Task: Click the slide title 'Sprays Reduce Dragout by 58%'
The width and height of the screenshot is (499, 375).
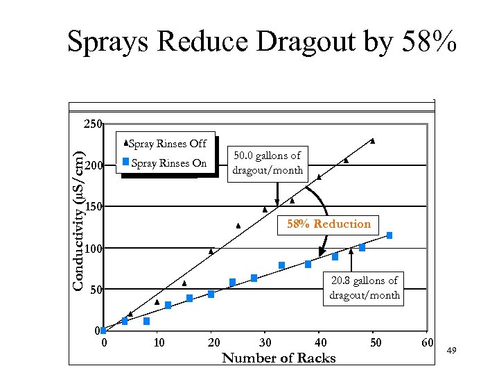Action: (262, 42)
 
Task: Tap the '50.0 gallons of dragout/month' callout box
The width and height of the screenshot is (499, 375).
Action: (268, 163)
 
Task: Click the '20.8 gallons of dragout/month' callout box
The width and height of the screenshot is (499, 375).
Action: (365, 287)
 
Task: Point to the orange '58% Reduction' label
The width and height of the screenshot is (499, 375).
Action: (329, 224)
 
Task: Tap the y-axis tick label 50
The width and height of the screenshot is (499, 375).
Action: (96, 290)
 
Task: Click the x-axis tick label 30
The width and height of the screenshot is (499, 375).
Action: (265, 342)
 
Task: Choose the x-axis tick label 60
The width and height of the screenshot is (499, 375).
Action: (427, 342)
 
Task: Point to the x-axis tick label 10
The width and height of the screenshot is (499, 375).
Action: (159, 342)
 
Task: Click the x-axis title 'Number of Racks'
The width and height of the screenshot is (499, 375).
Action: (279, 358)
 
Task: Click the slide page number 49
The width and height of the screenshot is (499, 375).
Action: (451, 352)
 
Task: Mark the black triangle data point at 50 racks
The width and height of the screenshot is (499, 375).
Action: (373, 141)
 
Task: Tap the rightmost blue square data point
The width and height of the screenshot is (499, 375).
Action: (389, 235)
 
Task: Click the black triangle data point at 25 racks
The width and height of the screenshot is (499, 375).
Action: (238, 226)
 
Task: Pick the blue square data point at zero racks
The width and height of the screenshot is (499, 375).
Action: (103, 331)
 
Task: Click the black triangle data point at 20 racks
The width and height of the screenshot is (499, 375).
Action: (211, 251)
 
